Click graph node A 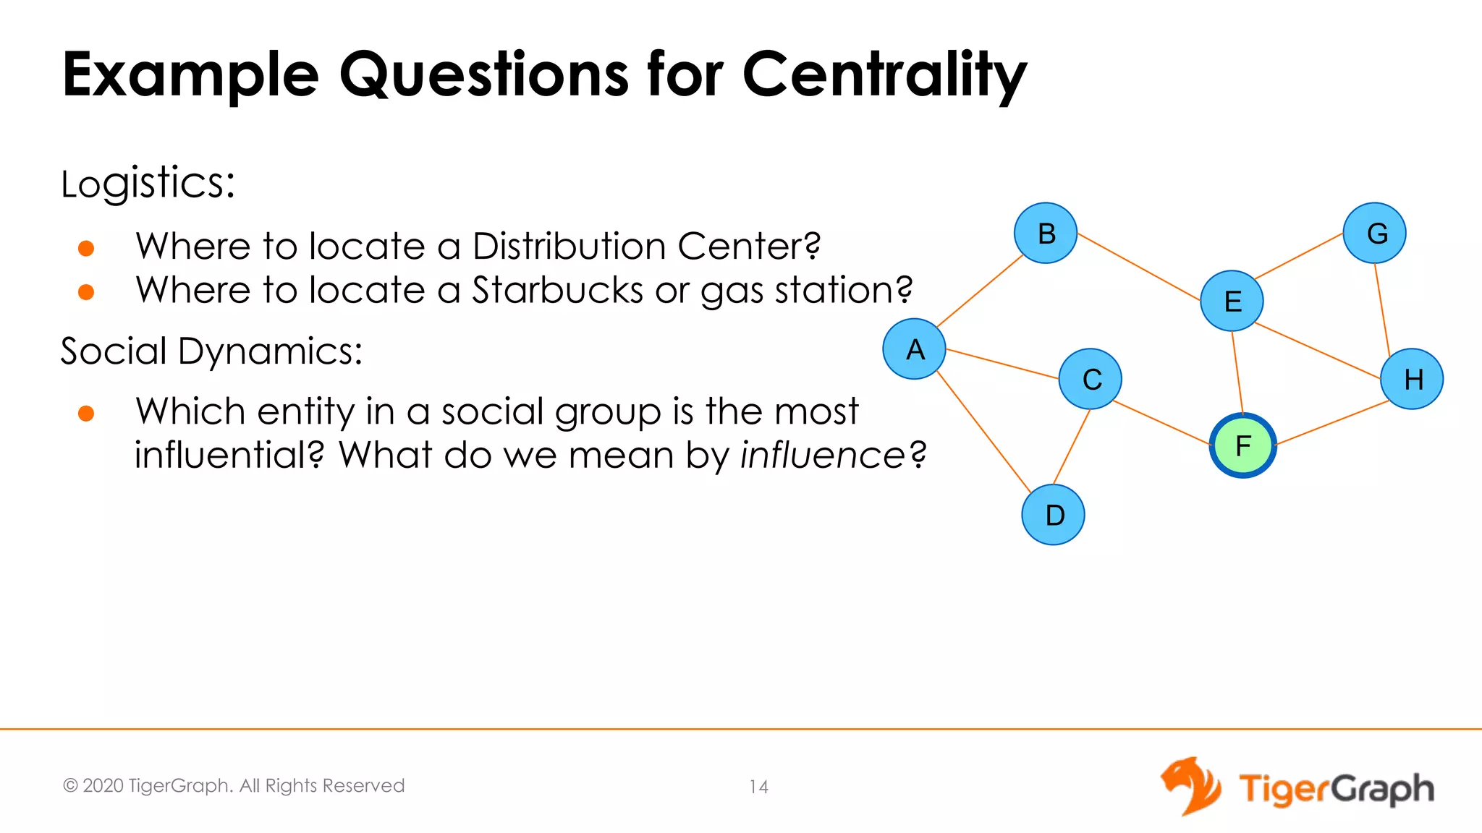[x=914, y=349]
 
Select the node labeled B [x=1046, y=233]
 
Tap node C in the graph [x=1091, y=379]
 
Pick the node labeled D [x=1054, y=515]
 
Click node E [x=1232, y=301]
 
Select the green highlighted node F [x=1242, y=445]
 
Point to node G [x=1375, y=233]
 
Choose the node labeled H [x=1412, y=379]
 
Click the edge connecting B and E [x=1139, y=267]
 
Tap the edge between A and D [x=983, y=432]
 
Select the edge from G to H [x=1382, y=309]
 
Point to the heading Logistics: [x=148, y=183]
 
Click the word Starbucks [x=557, y=290]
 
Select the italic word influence [x=822, y=455]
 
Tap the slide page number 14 [x=758, y=787]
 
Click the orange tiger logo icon [x=1190, y=786]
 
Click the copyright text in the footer [x=234, y=785]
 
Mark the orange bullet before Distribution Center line [x=86, y=249]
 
